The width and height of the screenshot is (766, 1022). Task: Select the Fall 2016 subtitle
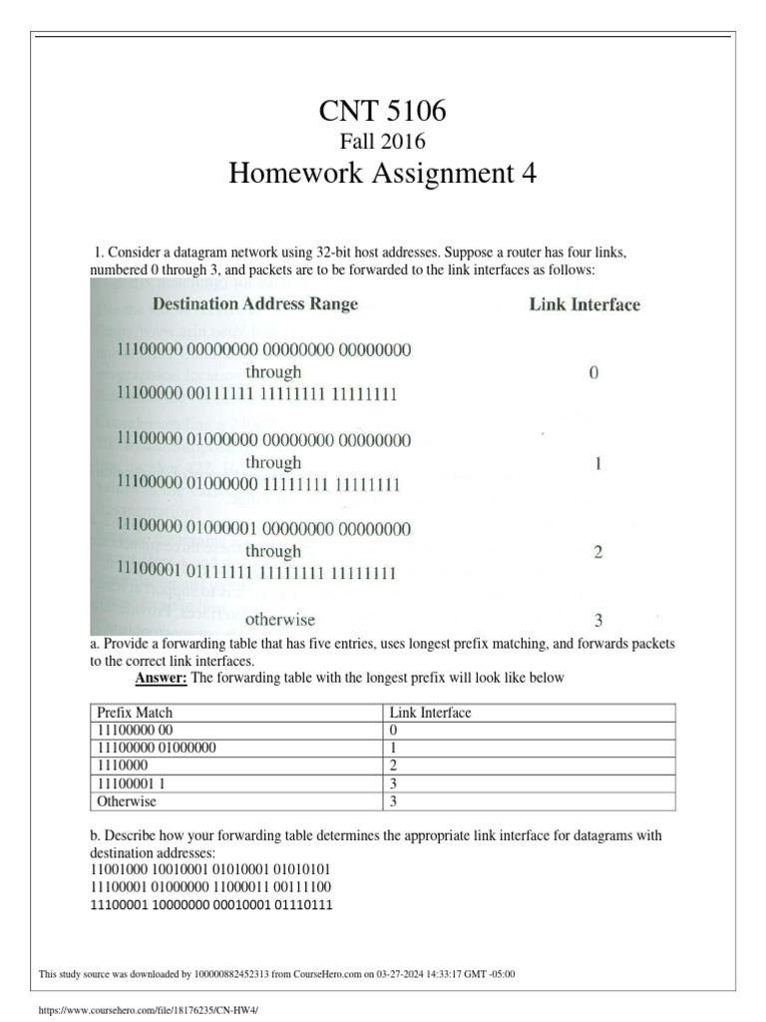pos(382,142)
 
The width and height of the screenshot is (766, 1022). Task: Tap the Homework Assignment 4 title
pos(382,175)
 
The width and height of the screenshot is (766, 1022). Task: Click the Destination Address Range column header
pos(254,303)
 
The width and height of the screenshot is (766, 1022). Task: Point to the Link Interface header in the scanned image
pos(584,304)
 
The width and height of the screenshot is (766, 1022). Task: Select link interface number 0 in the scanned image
pos(594,373)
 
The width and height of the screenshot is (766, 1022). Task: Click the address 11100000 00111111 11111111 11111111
pos(257,394)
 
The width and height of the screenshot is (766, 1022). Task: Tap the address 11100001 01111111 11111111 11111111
pos(257,573)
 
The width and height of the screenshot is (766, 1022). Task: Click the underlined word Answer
pos(161,679)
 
